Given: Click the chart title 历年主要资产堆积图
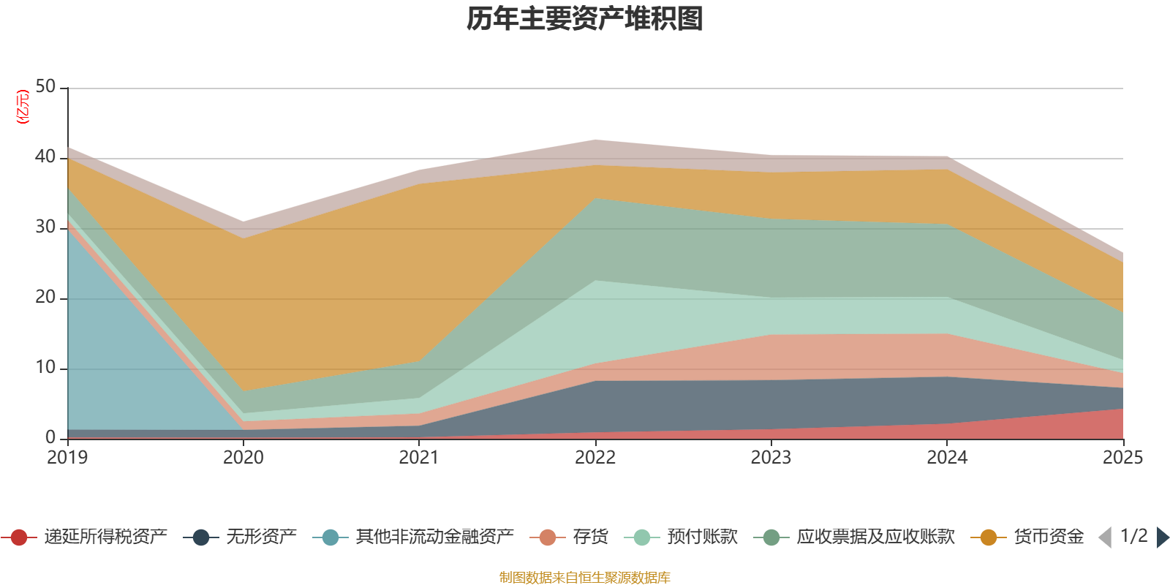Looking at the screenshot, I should pos(585,19).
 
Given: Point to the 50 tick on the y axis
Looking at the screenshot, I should pos(45,87).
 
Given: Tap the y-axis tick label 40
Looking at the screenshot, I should pos(45,157).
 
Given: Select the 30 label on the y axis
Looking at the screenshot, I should pos(45,227).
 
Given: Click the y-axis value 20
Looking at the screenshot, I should pos(45,298).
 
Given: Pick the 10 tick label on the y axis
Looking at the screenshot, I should pos(45,368).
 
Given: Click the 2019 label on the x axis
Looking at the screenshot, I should pos(67,458).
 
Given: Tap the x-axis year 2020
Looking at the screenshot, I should pos(244,458).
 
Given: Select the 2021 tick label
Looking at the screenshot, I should pos(419,458).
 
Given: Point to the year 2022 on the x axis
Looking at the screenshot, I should pos(595,458).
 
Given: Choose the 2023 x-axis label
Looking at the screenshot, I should pos(771,458).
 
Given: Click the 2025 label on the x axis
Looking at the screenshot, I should pos(1122,458).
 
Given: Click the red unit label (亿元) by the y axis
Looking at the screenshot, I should pos(23,107).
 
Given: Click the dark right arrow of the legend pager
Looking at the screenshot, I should pos(1163,537).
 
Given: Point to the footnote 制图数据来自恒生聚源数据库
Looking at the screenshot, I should pos(585,578).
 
